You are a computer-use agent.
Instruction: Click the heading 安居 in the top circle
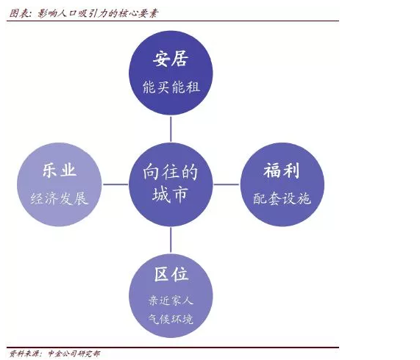(171, 59)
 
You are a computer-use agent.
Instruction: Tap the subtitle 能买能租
(171, 87)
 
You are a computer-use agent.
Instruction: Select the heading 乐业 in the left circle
(59, 170)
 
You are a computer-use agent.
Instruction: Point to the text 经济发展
(59, 198)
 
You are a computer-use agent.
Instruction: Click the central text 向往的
(171, 172)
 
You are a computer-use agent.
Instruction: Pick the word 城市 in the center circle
(170, 195)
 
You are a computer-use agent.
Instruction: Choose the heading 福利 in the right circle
(281, 170)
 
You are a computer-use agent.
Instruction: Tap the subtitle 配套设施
(282, 198)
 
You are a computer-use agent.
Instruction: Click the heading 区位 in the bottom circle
(171, 274)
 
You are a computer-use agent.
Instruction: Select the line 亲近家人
(171, 300)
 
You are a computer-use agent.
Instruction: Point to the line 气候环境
(171, 319)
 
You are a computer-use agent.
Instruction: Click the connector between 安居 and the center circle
(171, 129)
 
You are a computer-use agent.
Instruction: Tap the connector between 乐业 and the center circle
(115, 184)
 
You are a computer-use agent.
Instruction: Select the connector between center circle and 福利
(227, 184)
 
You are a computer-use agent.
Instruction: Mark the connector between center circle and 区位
(171, 240)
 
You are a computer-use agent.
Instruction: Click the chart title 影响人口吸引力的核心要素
(98, 13)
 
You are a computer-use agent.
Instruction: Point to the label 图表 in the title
(18, 13)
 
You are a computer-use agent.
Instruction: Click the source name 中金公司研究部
(74, 353)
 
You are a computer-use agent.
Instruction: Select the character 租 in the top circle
(193, 87)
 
